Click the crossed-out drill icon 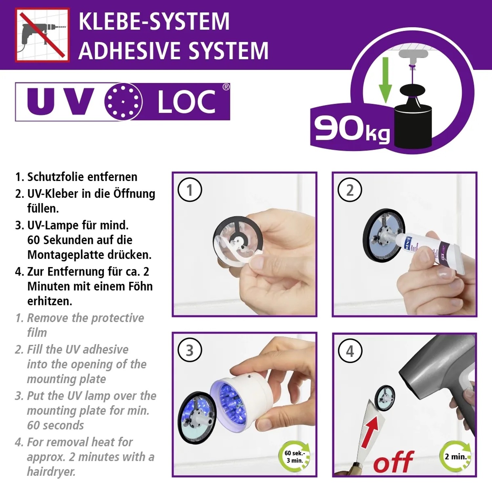[42, 35]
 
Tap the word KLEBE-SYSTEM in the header [154, 22]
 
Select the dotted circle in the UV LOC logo [123, 101]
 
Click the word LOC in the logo [186, 102]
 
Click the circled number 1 [190, 190]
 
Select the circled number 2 [350, 190]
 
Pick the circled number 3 [190, 350]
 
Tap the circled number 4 [350, 351]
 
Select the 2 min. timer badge [456, 457]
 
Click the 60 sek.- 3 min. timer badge [294, 457]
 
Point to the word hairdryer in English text [51, 472]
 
